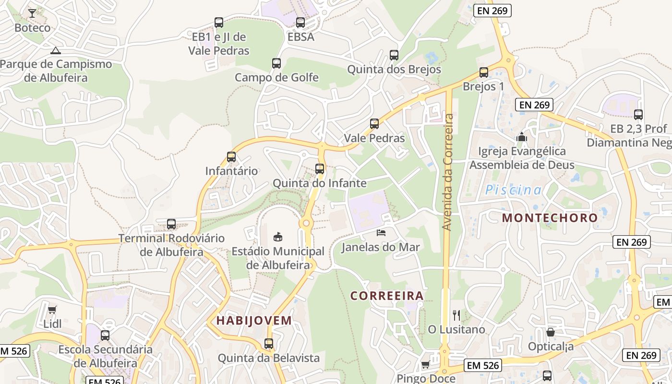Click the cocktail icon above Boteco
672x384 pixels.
[32, 13]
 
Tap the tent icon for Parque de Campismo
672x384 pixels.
[56, 50]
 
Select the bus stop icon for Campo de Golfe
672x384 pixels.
[276, 63]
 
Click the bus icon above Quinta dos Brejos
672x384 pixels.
[394, 55]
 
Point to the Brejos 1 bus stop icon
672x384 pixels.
[484, 72]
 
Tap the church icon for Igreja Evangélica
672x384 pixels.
[521, 137]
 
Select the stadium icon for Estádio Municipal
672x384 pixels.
[278, 237]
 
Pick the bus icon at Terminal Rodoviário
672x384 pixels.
[171, 224]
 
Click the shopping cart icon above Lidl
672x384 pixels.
[52, 310]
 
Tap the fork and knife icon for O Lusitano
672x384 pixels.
[456, 315]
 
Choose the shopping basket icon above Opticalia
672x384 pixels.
[551, 332]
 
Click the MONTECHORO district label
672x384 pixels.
[550, 217]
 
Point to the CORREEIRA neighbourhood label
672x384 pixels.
[387, 296]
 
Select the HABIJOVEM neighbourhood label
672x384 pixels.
[254, 321]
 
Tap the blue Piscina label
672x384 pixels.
[513, 190]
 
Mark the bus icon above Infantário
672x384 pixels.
[231, 156]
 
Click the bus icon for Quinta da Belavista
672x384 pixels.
[269, 344]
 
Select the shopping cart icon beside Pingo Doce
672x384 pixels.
[425, 365]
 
